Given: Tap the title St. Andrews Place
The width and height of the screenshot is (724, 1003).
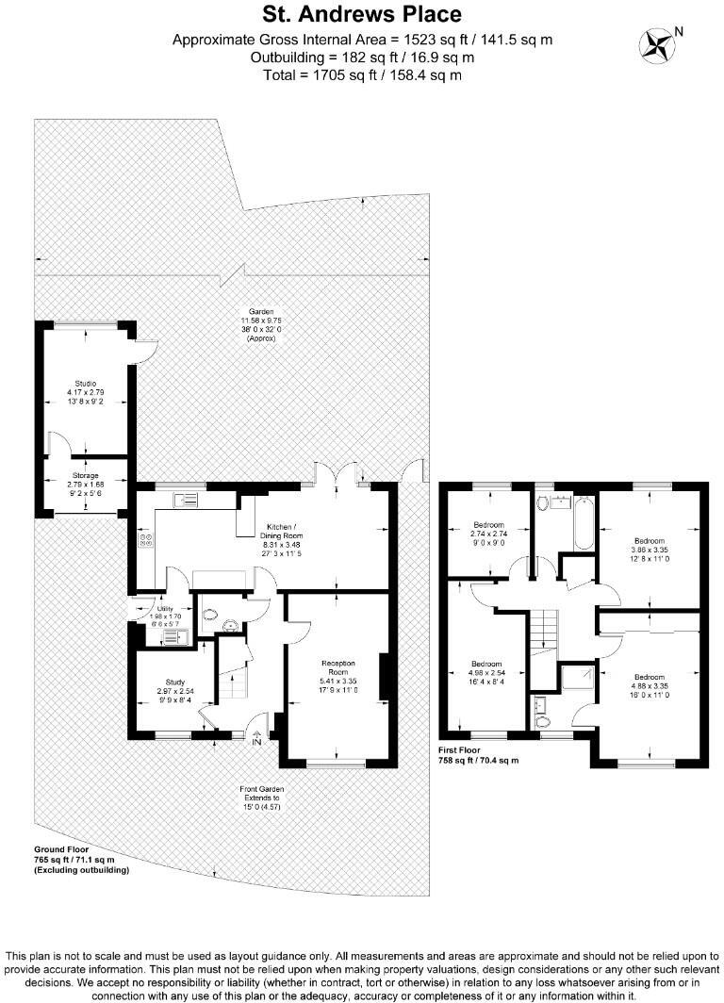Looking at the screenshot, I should click(x=362, y=14).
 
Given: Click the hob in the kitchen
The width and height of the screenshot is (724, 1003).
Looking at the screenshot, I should click(x=146, y=542).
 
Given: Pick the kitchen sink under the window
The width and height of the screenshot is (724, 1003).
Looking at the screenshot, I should click(x=184, y=500).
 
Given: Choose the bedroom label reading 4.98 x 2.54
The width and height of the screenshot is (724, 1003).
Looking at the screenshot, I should click(x=488, y=675).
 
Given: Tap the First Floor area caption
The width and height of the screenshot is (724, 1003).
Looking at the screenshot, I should click(x=478, y=754).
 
